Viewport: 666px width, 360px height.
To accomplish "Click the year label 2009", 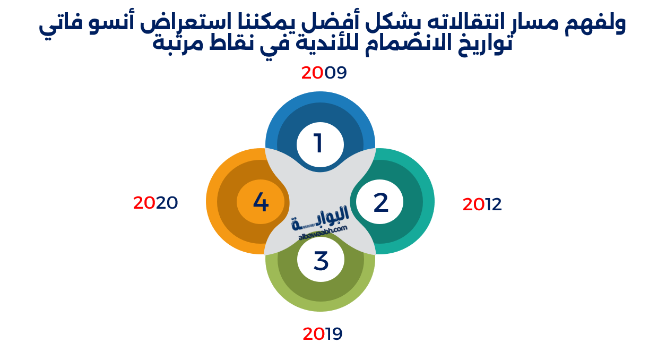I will coord(324,73).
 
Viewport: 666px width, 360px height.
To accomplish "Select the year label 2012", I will coord(482,204).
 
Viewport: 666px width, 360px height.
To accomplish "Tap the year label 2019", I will coord(323,334).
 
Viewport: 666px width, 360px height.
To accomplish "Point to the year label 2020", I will coord(155,203).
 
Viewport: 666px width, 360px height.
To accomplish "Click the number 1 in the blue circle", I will coord(318,143).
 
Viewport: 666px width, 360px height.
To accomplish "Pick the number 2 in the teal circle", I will coord(380,203).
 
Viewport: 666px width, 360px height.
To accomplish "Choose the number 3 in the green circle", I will coord(321,261).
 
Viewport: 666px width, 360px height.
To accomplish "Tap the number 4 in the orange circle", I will coord(261,202).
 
